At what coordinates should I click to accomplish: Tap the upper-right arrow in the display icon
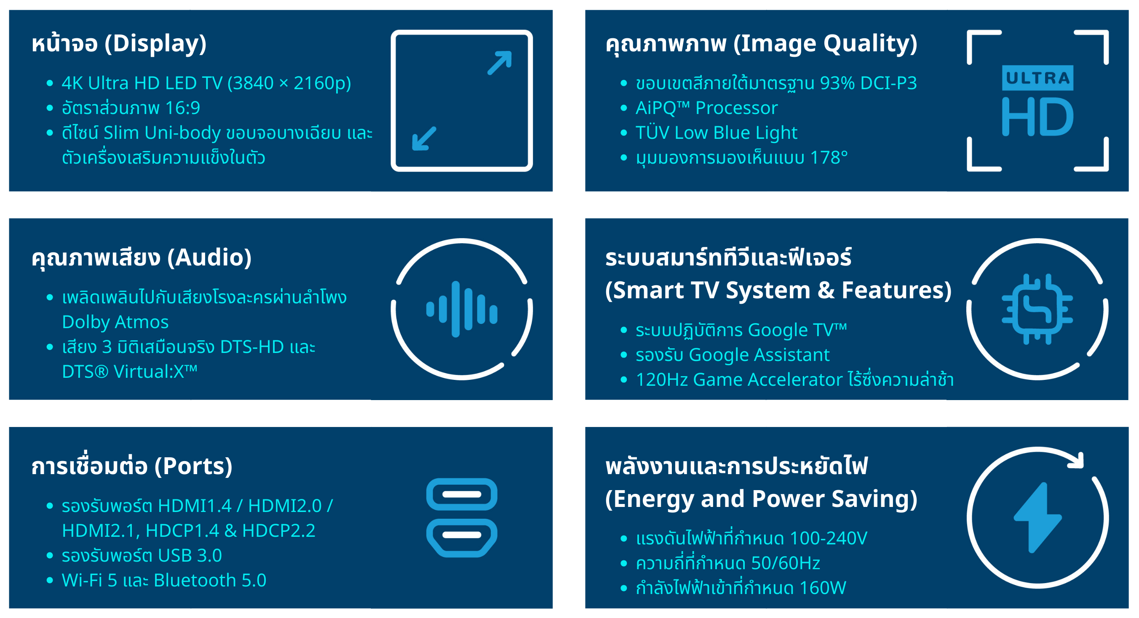tap(500, 63)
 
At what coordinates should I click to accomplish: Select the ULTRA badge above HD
tap(1037, 78)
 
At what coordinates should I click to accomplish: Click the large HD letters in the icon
tap(1037, 117)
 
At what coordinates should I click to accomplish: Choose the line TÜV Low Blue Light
tap(716, 133)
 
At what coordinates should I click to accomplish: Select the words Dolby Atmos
tap(115, 322)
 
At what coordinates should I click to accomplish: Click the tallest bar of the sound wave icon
tap(455, 309)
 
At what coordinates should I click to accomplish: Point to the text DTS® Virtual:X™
tap(130, 371)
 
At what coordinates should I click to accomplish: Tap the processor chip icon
tap(1037, 309)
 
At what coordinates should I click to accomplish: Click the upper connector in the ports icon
tap(462, 494)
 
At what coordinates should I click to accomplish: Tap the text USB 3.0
tap(190, 555)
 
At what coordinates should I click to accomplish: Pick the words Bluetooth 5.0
tap(210, 580)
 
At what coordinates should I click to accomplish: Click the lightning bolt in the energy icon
tap(1037, 518)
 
